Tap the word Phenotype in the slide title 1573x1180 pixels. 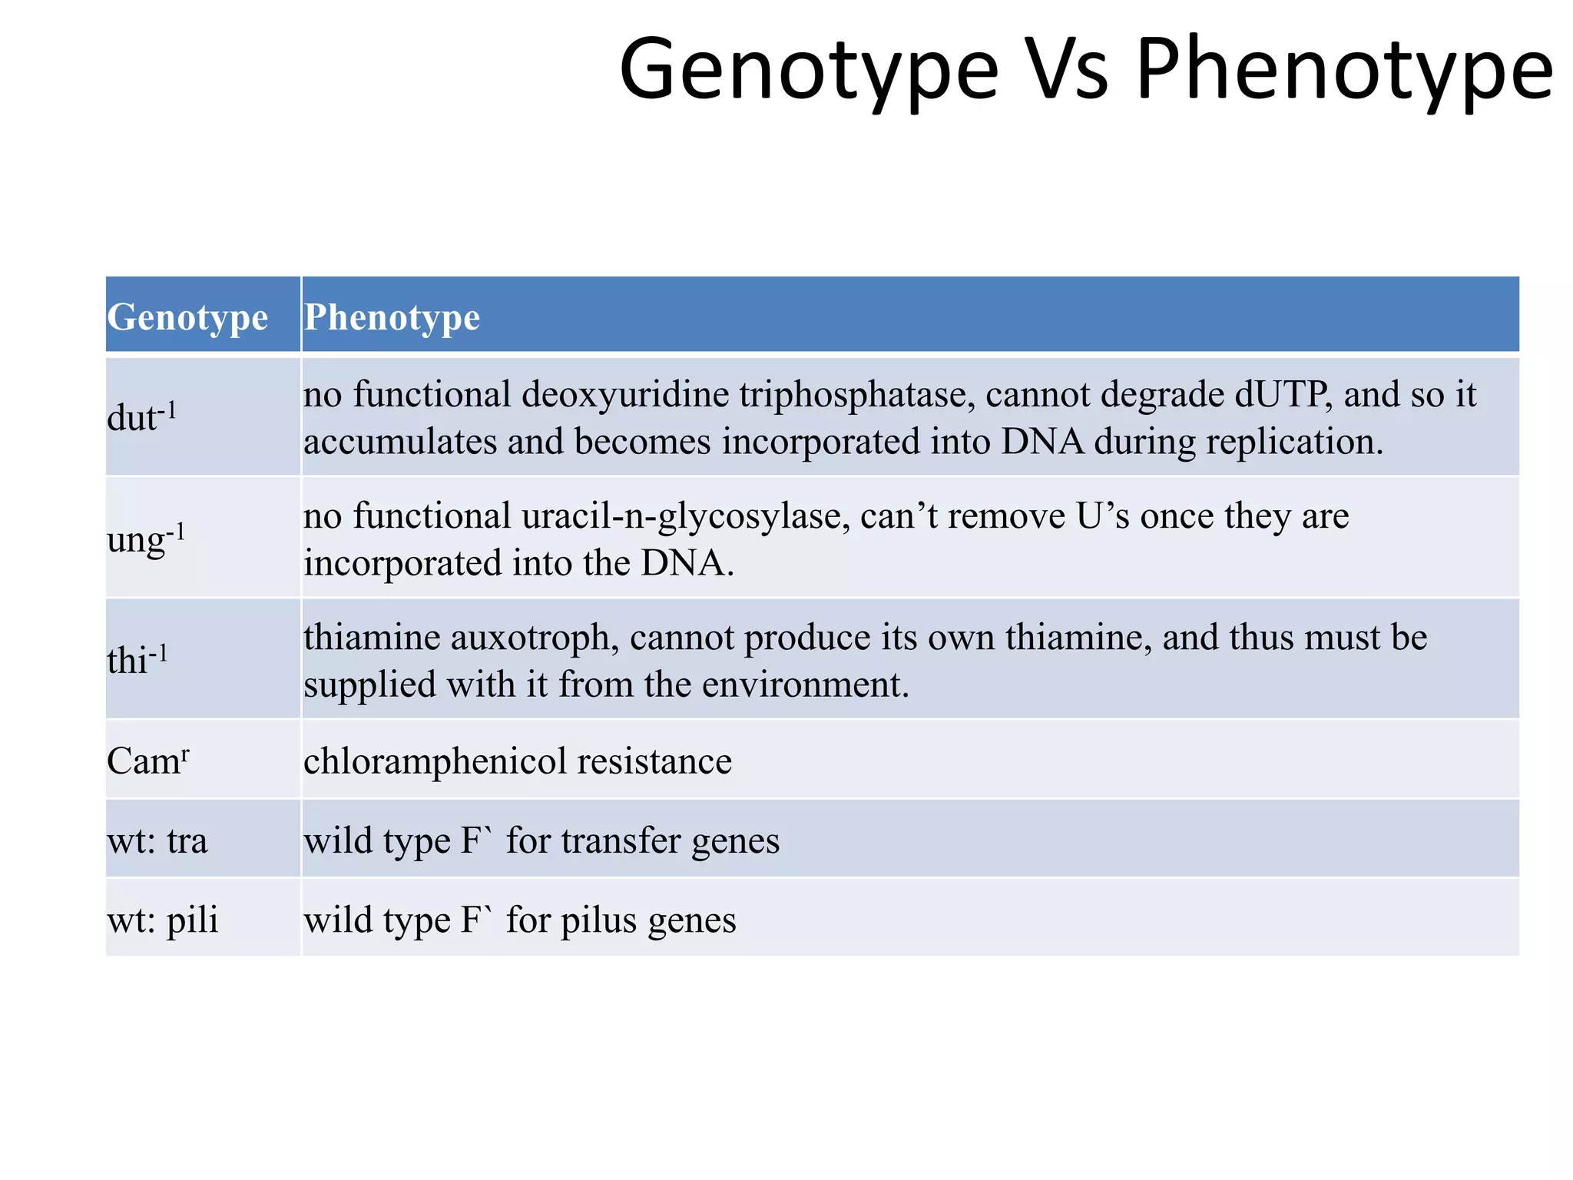point(1344,71)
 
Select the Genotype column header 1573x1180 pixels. point(187,317)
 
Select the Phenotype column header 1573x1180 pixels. point(392,317)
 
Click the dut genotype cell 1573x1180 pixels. point(142,417)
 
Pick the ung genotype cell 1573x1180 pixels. point(146,539)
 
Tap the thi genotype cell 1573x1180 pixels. point(137,659)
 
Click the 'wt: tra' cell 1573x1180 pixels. point(157,840)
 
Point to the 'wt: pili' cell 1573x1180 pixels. point(163,920)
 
